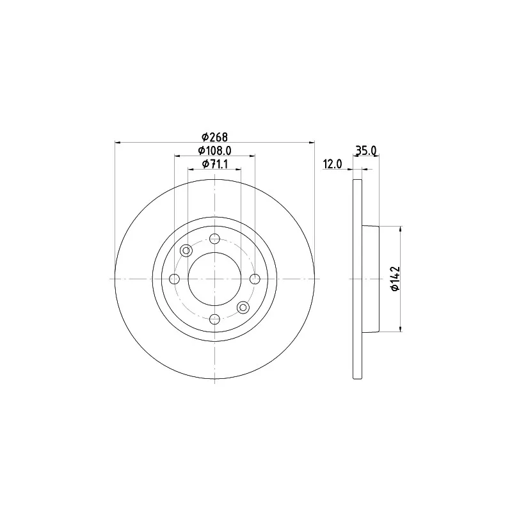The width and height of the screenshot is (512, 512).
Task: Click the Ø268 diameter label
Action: pyautogui.click(x=214, y=137)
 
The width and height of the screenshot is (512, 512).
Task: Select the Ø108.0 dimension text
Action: pyautogui.click(x=214, y=150)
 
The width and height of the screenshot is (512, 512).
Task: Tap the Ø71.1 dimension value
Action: pyautogui.click(x=214, y=164)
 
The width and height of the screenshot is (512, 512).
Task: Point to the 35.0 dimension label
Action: pyautogui.click(x=365, y=150)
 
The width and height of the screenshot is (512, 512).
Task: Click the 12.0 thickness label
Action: pyautogui.click(x=332, y=164)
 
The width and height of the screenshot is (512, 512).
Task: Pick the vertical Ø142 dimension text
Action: pyautogui.click(x=395, y=278)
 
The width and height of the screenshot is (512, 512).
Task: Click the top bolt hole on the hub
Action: pyautogui.click(x=214, y=239)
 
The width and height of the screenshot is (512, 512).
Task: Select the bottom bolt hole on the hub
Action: pyautogui.click(x=214, y=319)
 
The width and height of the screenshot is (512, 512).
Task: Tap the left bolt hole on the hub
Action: pyautogui.click(x=175, y=279)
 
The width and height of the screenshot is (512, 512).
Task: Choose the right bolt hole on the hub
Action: pyautogui.click(x=255, y=279)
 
